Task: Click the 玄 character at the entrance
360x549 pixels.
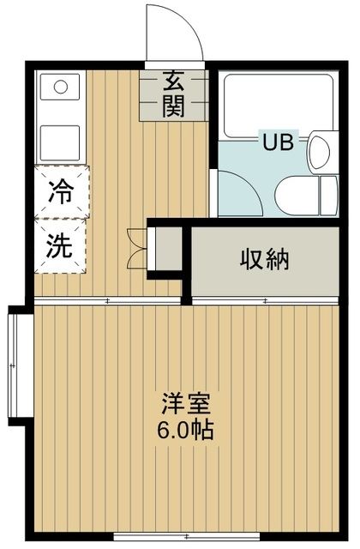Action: pos(175,83)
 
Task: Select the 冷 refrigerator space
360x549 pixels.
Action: pos(59,190)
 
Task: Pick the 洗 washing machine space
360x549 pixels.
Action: pos(59,246)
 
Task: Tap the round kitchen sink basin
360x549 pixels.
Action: pos(60,87)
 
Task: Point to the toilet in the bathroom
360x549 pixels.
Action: pos(297,193)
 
